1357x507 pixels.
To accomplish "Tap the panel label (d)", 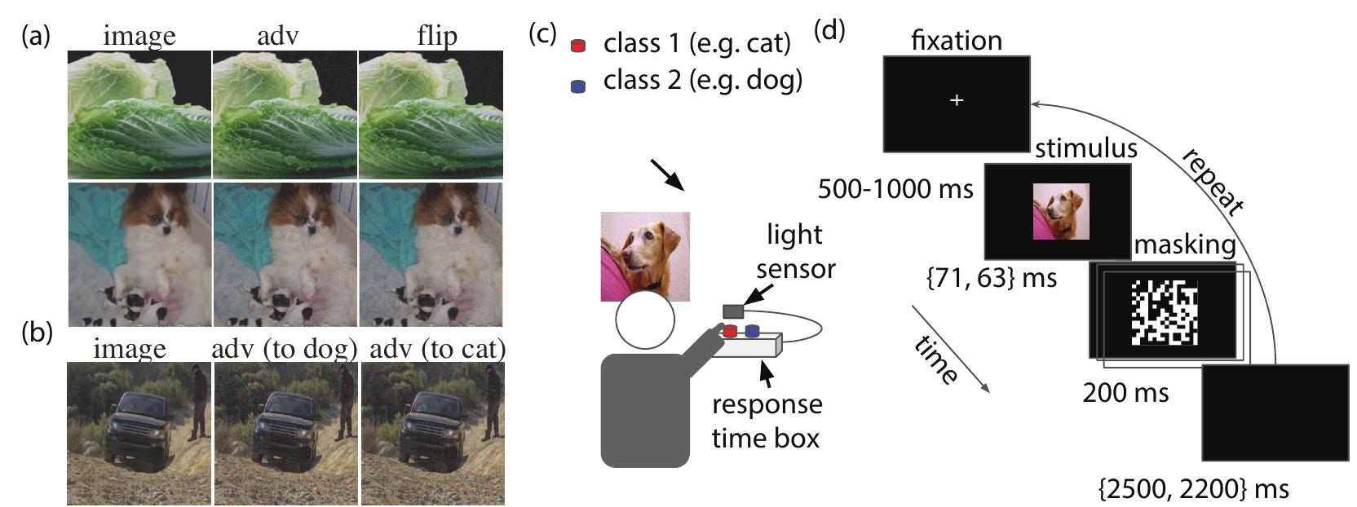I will coord(829,30).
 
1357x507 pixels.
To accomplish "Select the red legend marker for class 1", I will coord(579,46).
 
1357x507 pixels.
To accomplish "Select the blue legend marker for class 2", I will coord(579,85).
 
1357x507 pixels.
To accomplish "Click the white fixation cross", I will coord(957,100).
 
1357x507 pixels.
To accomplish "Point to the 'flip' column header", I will coord(436,36).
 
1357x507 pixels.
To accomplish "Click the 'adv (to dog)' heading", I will coord(284,349).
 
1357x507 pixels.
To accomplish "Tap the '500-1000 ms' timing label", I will coord(895,189).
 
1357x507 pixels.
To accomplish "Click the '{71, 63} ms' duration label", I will coord(991,278).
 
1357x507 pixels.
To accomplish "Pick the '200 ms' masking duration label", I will coord(1125,393).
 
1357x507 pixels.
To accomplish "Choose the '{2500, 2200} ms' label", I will coord(1194,489).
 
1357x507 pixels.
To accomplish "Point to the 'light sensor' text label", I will coord(794,251).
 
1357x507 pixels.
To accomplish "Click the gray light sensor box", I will coord(733,311).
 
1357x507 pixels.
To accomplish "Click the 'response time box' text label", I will coord(766,421).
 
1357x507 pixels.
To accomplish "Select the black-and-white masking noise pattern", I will coord(1163,311).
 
